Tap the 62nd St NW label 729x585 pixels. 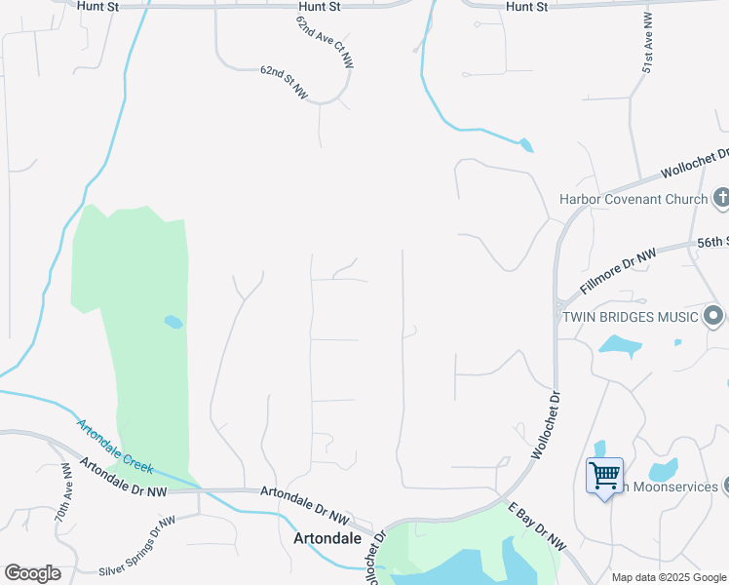pos(284,83)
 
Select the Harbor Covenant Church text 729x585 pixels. pos(633,199)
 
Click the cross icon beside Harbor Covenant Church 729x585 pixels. pos(721,198)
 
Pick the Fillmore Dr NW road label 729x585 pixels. pos(619,271)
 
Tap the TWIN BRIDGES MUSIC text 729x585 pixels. pos(628,317)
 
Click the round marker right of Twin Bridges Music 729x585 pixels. pos(714,316)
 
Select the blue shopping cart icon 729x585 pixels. pos(605,477)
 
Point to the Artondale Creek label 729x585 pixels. pos(117,445)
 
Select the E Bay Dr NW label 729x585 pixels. pos(537,527)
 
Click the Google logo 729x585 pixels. pos(32,573)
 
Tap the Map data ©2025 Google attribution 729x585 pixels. pos(669,577)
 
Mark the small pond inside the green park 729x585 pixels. pos(173,322)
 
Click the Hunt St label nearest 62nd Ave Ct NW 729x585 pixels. pos(319,7)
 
